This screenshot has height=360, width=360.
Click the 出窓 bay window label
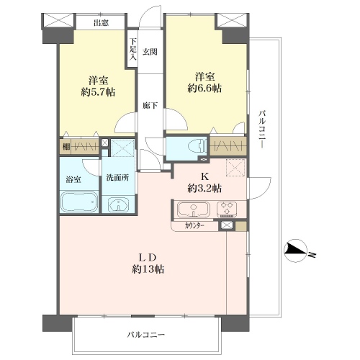[101, 23]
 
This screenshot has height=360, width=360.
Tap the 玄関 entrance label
[150, 52]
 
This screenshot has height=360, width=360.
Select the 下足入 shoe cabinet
[132, 49]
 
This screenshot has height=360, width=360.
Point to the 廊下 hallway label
[150, 105]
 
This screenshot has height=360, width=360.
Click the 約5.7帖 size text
[98, 92]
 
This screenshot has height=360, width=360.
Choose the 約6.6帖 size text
[204, 89]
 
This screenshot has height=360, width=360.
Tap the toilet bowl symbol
[197, 146]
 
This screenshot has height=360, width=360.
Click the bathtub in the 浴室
[78, 202]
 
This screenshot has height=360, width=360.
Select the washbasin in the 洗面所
[118, 204]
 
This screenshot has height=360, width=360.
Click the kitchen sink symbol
[194, 208]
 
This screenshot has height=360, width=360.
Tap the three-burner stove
[227, 209]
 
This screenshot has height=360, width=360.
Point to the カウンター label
[194, 226]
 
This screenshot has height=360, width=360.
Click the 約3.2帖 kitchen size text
[204, 189]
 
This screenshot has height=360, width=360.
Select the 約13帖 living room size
[148, 269]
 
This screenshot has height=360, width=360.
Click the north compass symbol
[295, 251]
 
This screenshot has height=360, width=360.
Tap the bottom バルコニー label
[146, 334]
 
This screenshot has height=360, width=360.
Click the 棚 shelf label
[66, 146]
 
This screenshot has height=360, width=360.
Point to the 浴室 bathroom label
[73, 179]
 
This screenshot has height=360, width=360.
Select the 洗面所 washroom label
[117, 178]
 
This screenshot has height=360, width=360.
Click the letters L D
[148, 258]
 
